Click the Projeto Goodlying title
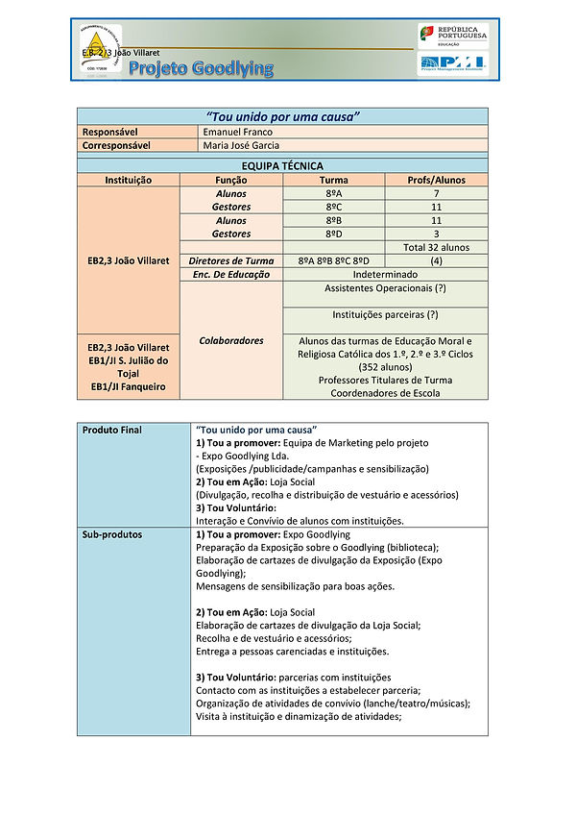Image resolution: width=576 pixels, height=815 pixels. pos(201,67)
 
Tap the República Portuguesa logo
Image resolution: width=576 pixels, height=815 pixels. pos(452,37)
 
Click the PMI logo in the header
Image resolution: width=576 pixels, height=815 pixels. pos(452,64)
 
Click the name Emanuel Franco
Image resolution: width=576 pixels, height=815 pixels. pos(239,131)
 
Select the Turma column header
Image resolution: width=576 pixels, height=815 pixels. pos(333,180)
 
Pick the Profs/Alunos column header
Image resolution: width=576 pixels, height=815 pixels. pos(436,180)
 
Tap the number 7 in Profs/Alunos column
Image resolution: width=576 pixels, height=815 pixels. pos(436,193)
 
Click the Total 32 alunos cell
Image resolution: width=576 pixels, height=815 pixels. pos(436,247)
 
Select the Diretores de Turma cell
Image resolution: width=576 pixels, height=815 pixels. pos(231,260)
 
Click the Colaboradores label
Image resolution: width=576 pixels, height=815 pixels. pos(231,340)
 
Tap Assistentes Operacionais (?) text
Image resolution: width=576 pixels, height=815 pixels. pos(385,288)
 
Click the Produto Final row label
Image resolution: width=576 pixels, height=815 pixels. pos(111,430)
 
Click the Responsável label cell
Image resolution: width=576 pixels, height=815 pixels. pos(108,131)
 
